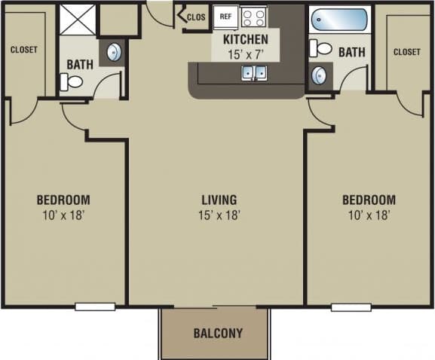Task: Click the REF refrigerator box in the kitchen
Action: pos(225,16)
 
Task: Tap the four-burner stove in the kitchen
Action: pos(253,17)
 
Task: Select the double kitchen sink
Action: pos(253,73)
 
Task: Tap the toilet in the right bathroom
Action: pos(323,49)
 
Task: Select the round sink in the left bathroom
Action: pos(113,53)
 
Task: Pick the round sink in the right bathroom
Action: pos(320,76)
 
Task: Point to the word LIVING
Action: pos(219,200)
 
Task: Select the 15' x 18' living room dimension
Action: pos(219,215)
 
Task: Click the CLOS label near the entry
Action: pos(196,17)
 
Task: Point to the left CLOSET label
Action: pos(24,50)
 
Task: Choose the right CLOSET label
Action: pos(406,52)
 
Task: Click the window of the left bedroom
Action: pos(95,307)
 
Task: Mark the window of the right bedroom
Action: pos(351,307)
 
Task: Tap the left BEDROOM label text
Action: pos(63,200)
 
